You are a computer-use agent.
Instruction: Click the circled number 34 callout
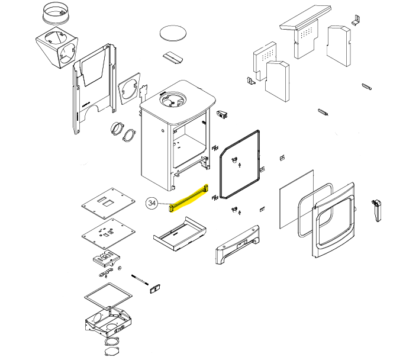click(x=152, y=203)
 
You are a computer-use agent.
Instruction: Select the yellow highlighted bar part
click(x=188, y=198)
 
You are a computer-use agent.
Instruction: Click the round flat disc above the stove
click(x=173, y=33)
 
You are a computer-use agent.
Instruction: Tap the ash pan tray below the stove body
click(x=179, y=234)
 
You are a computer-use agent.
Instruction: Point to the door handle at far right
click(x=377, y=210)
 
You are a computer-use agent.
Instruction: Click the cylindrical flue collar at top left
click(x=56, y=14)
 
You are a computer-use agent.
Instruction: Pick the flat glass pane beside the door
click(x=296, y=199)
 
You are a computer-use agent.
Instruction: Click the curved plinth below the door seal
click(x=237, y=245)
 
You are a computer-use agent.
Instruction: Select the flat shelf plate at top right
click(x=305, y=17)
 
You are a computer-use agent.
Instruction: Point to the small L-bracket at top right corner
click(x=355, y=20)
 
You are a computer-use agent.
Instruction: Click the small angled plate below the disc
click(x=173, y=57)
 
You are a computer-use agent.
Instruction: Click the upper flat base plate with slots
click(x=108, y=203)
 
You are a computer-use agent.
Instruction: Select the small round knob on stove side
click(x=163, y=131)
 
